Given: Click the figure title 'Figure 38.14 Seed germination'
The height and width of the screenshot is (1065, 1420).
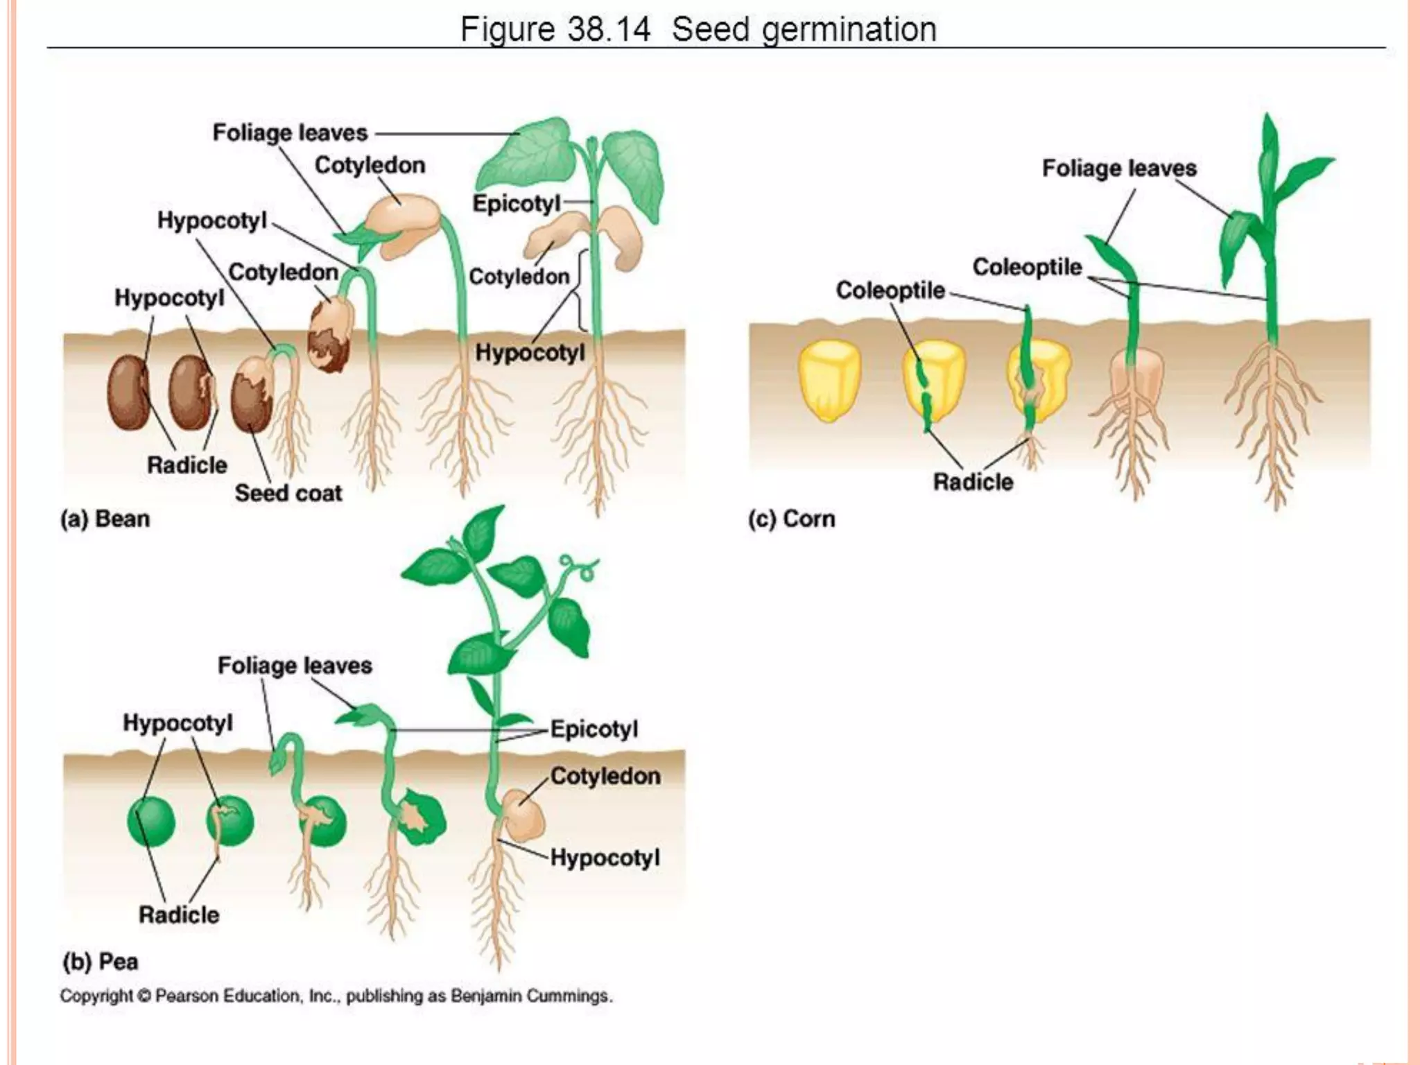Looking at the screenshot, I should (698, 30).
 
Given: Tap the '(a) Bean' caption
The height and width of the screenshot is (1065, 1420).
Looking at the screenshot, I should (105, 519).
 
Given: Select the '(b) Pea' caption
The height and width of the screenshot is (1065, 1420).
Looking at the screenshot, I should (100, 962).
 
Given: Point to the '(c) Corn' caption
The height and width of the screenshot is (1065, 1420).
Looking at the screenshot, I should (791, 519).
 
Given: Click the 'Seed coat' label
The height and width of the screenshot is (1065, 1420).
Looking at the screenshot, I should (288, 493).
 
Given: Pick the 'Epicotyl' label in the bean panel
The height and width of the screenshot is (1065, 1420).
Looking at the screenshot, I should (516, 203).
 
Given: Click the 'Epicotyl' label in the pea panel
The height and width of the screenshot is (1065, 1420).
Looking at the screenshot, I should (594, 729).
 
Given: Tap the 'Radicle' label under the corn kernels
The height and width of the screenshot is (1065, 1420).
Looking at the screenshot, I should (973, 482).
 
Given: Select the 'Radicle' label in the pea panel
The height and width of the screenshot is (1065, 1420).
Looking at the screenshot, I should (179, 915).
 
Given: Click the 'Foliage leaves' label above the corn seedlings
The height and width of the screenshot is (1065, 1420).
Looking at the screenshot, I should (1119, 168).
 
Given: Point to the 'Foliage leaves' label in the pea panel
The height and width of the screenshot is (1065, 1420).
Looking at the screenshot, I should (295, 666).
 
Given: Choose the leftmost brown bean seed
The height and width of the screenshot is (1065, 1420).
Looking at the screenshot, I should (128, 392).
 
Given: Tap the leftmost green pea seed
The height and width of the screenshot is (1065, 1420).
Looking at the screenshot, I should (151, 822).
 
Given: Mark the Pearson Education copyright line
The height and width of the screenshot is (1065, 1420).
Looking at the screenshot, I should (336, 996).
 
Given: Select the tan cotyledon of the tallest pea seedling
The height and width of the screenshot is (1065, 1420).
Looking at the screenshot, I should (523, 814).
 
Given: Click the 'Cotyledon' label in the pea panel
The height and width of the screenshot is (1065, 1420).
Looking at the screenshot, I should (605, 776).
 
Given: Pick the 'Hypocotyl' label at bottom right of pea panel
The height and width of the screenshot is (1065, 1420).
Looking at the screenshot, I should (605, 858).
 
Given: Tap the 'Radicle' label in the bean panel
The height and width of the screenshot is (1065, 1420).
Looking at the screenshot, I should (187, 465).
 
